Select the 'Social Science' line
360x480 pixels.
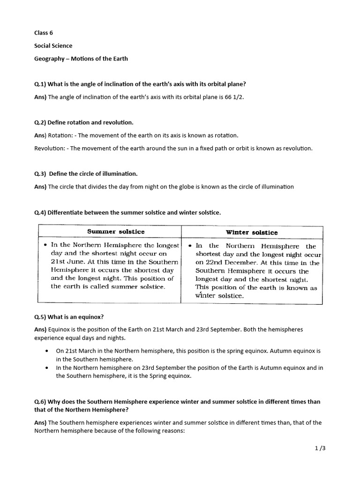click(53, 45)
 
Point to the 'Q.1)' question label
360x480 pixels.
click(40, 84)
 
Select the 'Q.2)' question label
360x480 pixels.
click(40, 122)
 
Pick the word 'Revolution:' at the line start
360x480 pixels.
click(50, 148)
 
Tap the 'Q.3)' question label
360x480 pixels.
click(40, 174)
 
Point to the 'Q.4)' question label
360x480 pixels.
click(40, 212)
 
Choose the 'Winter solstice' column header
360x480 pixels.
click(252, 232)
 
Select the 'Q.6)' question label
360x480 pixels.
click(40, 402)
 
